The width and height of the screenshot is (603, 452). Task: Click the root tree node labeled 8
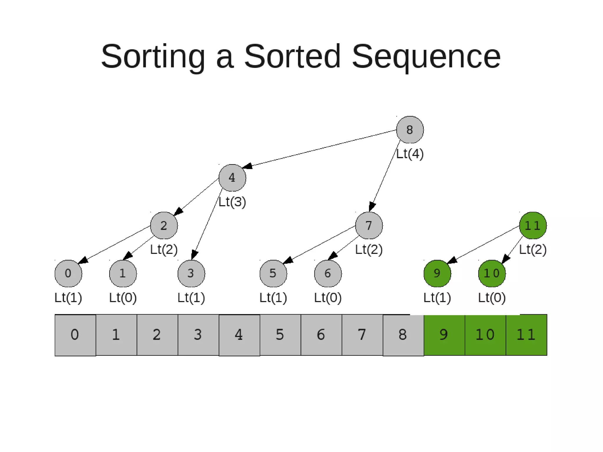[410, 130]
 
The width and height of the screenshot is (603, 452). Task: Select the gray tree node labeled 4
[232, 178]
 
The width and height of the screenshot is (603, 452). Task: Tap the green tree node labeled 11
[533, 225]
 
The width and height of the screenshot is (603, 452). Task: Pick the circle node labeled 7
[369, 225]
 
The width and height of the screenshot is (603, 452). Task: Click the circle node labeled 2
[164, 225]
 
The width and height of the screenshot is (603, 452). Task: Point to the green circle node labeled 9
[437, 273]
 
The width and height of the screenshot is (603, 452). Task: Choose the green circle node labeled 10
[492, 273]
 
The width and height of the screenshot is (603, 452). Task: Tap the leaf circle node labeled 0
[68, 273]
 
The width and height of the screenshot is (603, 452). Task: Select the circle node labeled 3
[191, 273]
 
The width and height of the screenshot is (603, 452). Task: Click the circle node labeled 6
[328, 273]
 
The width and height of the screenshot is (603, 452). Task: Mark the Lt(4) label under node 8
[410, 154]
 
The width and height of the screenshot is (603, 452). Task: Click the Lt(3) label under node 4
[232, 202]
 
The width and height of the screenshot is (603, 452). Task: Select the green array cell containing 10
[485, 335]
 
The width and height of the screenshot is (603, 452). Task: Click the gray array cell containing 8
[403, 335]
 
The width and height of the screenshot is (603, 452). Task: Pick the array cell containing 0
[75, 335]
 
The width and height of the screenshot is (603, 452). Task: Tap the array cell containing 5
[280, 335]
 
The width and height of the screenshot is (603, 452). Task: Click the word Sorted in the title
[292, 56]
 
